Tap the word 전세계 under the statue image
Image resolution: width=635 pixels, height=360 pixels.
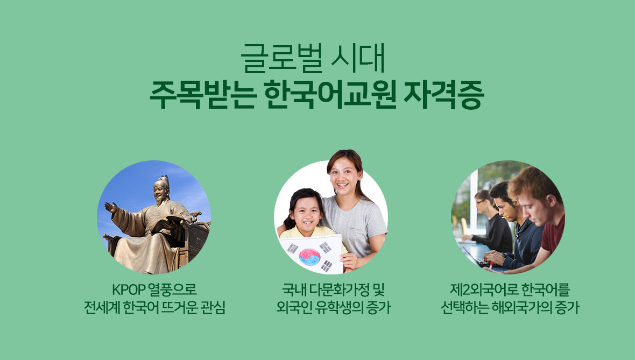point(102,308)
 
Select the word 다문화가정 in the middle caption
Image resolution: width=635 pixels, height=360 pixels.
point(338,291)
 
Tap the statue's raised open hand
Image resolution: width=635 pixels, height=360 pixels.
point(110,207)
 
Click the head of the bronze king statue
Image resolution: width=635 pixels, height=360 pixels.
point(161,188)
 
